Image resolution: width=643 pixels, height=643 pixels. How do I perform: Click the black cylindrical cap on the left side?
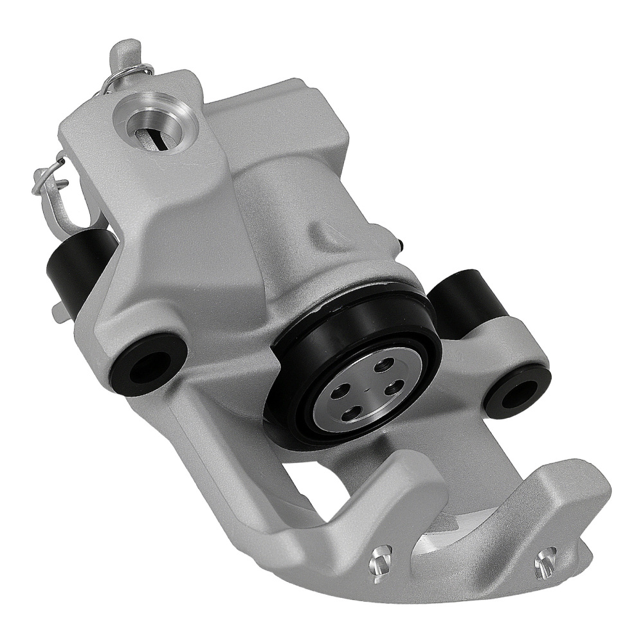(71, 270)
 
